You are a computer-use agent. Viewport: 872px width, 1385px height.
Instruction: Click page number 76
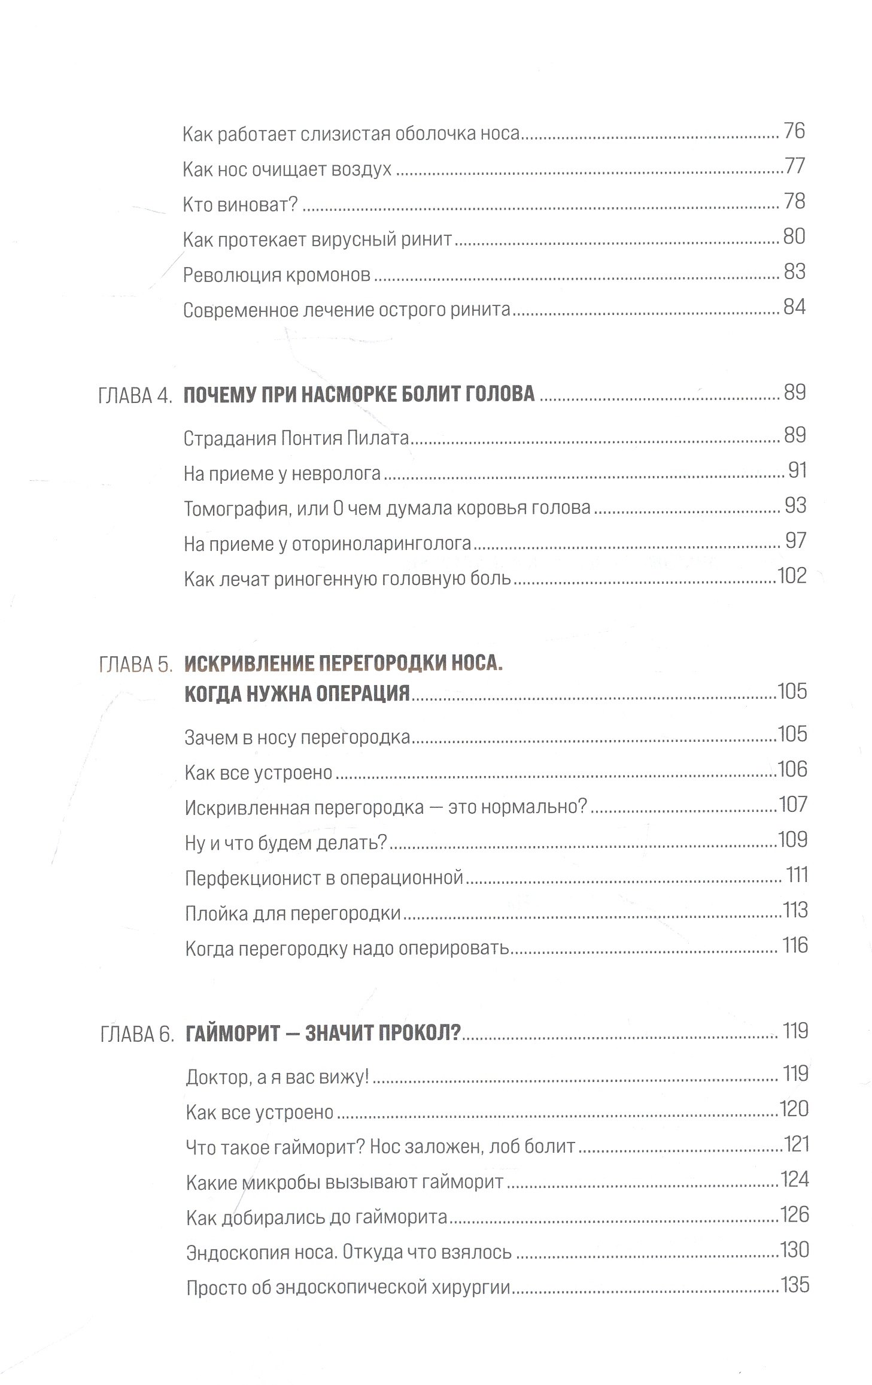[793, 131]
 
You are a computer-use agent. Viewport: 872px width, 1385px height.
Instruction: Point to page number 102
[791, 576]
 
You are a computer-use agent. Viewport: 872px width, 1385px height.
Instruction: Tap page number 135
[794, 1284]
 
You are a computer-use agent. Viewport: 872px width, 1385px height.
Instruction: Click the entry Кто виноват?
[240, 205]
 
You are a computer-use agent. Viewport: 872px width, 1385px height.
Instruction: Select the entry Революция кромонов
[277, 275]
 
